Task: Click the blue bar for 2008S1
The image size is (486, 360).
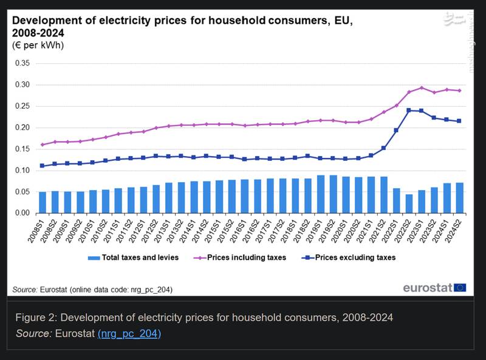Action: pos(43,203)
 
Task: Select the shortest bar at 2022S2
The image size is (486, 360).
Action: pos(409,204)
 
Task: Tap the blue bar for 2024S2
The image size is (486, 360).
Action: pos(460,198)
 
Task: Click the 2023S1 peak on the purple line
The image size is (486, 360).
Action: pos(422,88)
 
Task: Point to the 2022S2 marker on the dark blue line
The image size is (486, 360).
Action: pos(409,110)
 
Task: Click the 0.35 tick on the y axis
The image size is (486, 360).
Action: pos(22,63)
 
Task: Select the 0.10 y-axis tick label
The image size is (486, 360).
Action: pos(22,171)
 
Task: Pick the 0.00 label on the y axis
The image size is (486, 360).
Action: pos(22,213)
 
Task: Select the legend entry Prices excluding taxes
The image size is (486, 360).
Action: pos(355,257)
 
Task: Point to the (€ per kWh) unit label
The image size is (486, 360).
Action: pos(38,45)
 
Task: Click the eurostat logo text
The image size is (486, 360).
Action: pos(427,287)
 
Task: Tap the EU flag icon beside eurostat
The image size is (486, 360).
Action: pos(460,287)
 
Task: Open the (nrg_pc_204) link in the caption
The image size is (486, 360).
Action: pos(129,333)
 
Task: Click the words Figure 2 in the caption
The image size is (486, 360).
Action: pos(35,318)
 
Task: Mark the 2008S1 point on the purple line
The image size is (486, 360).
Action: pos(43,144)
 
